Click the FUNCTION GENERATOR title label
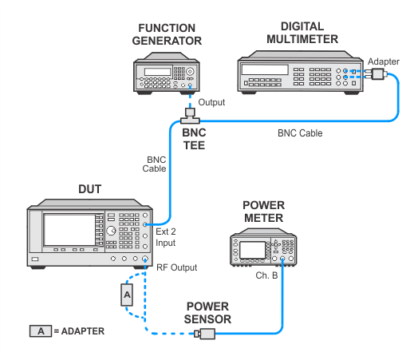click(167, 34)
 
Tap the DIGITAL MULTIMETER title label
click(302, 33)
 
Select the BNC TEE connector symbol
click(190, 116)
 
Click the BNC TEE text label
click(194, 139)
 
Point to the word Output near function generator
click(211, 102)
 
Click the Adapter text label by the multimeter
click(384, 61)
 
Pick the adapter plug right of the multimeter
click(377, 74)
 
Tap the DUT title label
click(90, 189)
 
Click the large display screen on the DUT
click(69, 230)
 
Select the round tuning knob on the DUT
click(111, 231)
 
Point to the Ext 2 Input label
click(166, 237)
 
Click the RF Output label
click(176, 267)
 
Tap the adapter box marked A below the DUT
click(127, 295)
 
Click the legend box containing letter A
click(41, 331)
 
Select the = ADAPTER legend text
click(79, 331)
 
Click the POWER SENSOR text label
click(207, 313)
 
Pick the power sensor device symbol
click(205, 334)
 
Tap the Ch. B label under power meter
click(266, 275)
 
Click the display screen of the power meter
click(252, 250)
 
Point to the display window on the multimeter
click(265, 70)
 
